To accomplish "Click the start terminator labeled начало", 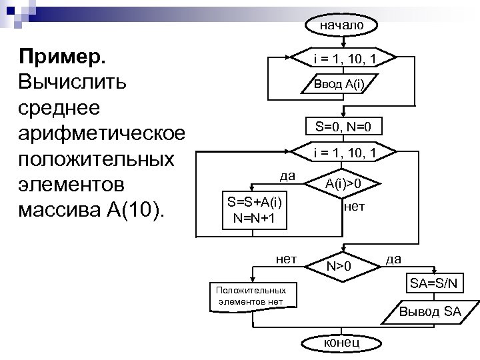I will pyautogui.click(x=341, y=25).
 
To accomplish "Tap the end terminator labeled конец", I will pyautogui.click(x=341, y=342).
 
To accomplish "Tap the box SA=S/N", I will pyautogui.click(x=434, y=283).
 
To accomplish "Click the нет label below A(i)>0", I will pyautogui.click(x=353, y=207).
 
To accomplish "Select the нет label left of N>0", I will pyautogui.click(x=286, y=257).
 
